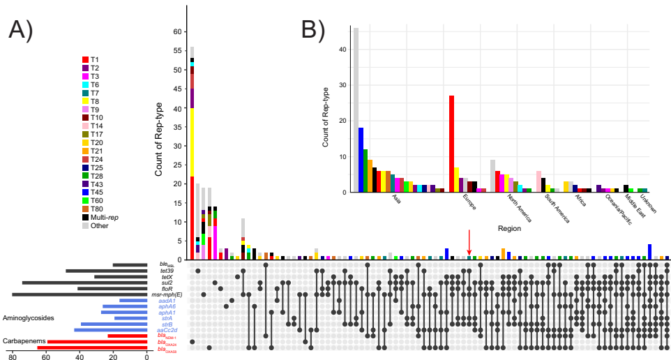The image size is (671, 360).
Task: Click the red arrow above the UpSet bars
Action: [x=469, y=241]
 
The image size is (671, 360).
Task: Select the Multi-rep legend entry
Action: [x=101, y=218]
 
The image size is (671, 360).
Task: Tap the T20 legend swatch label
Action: [x=96, y=142]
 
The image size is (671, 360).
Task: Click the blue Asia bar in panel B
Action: [x=361, y=160]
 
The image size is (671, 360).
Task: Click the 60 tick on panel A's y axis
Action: [x=177, y=31]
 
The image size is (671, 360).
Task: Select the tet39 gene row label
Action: [x=165, y=271]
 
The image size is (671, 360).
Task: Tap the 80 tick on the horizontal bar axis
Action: [x=12, y=357]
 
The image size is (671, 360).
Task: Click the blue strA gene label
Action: [x=167, y=318]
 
